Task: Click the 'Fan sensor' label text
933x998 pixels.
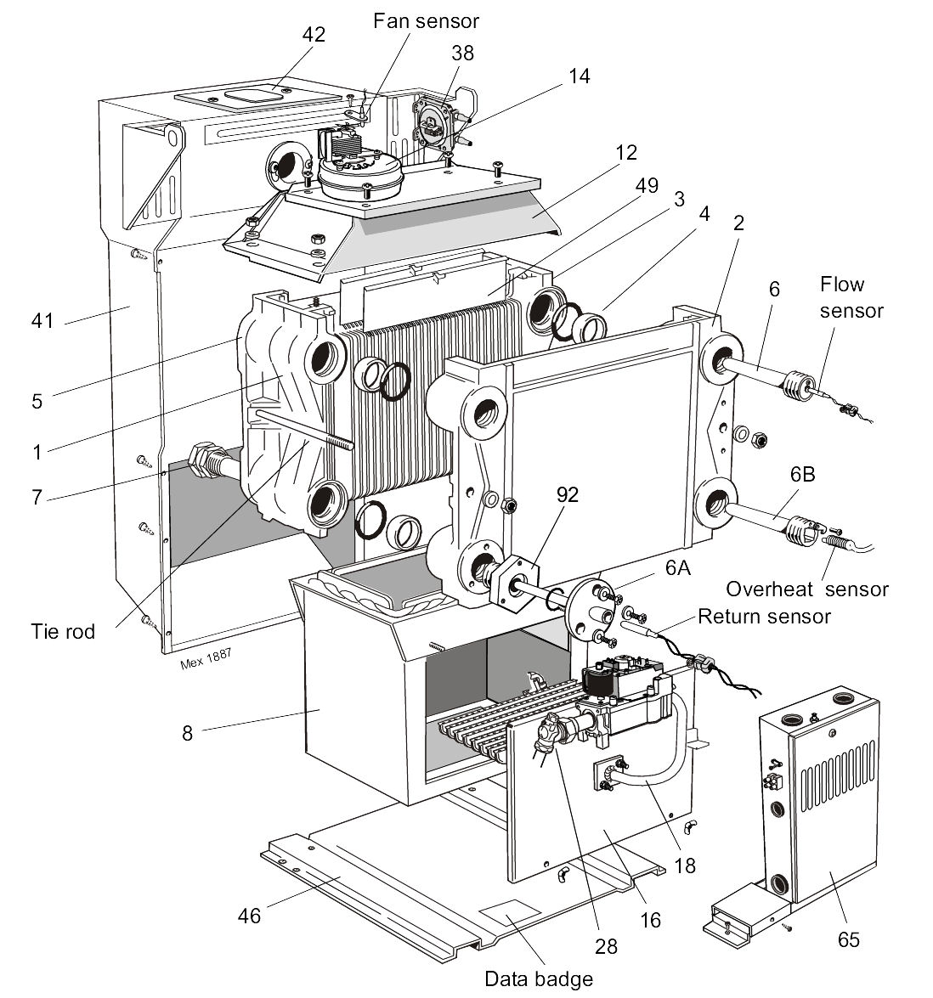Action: [426, 20]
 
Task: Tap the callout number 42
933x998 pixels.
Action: [314, 35]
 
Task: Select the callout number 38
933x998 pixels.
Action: [462, 53]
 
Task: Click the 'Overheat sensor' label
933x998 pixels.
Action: [807, 589]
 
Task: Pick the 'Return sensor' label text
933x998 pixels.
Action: [763, 616]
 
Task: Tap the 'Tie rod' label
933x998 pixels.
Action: [63, 631]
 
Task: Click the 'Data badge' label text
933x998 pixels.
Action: [539, 978]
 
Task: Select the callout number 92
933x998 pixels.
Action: [567, 494]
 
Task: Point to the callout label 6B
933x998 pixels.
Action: [802, 474]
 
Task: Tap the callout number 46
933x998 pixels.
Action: [250, 916]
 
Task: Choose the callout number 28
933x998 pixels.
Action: [606, 946]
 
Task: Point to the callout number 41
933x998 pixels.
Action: [42, 320]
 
